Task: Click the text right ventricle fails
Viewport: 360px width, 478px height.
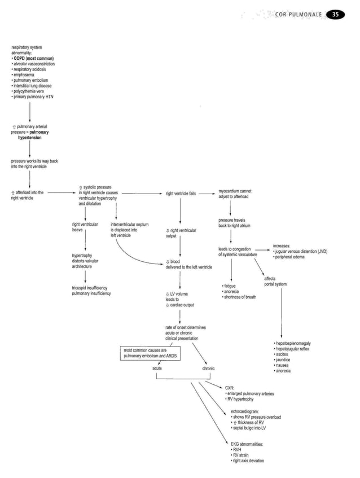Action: point(181,194)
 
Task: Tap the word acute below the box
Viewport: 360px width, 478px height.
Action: point(158,368)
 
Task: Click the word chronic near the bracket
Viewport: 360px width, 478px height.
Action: point(208,368)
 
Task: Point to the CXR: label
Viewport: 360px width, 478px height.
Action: point(229,388)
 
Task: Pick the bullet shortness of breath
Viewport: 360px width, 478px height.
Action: point(240,297)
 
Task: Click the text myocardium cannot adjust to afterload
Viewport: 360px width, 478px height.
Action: point(235,194)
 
